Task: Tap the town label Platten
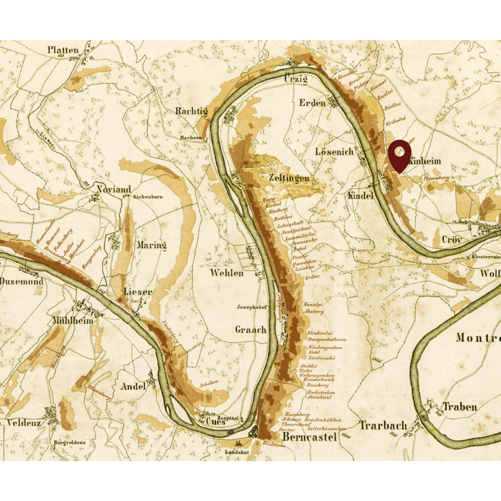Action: (63, 50)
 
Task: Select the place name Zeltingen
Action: (289, 178)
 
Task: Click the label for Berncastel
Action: (309, 437)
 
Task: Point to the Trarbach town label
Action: (383, 425)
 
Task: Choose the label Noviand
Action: (114, 189)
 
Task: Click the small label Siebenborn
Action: (148, 197)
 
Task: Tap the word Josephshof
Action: (251, 307)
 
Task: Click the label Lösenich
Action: (334, 152)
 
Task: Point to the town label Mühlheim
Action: (73, 320)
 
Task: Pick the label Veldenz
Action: (24, 423)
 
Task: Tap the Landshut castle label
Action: (237, 452)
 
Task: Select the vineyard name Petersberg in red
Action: (436, 178)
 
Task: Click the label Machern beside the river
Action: (191, 137)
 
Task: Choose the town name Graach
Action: (251, 330)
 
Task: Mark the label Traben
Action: (460, 407)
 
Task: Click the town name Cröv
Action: (452, 239)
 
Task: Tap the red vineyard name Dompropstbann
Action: (327, 339)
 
